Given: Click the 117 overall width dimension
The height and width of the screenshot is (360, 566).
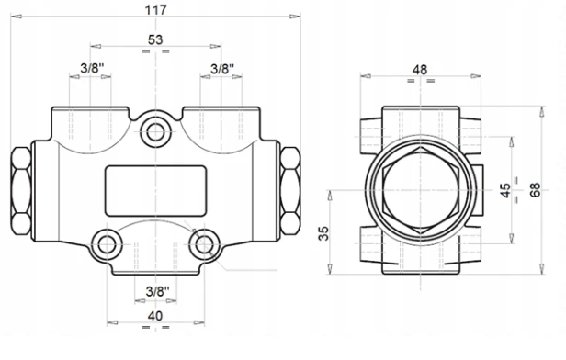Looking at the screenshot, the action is [x=156, y=10].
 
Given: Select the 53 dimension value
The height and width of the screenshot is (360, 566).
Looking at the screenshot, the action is [x=155, y=39].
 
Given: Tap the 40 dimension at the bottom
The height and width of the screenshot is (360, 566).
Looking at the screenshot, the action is [x=155, y=316].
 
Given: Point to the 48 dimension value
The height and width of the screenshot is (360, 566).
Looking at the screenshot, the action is [x=420, y=70].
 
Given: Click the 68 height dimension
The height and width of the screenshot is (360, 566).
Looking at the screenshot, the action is [x=535, y=190].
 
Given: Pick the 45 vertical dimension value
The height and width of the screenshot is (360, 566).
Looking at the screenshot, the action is [x=505, y=190].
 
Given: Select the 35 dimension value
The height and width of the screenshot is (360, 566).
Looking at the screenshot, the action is [x=323, y=233].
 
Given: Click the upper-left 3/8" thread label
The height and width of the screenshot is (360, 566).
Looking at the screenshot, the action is [x=92, y=68].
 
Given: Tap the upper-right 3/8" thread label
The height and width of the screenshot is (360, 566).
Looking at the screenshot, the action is [x=222, y=68].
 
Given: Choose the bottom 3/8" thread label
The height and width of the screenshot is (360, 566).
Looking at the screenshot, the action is [x=157, y=291].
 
